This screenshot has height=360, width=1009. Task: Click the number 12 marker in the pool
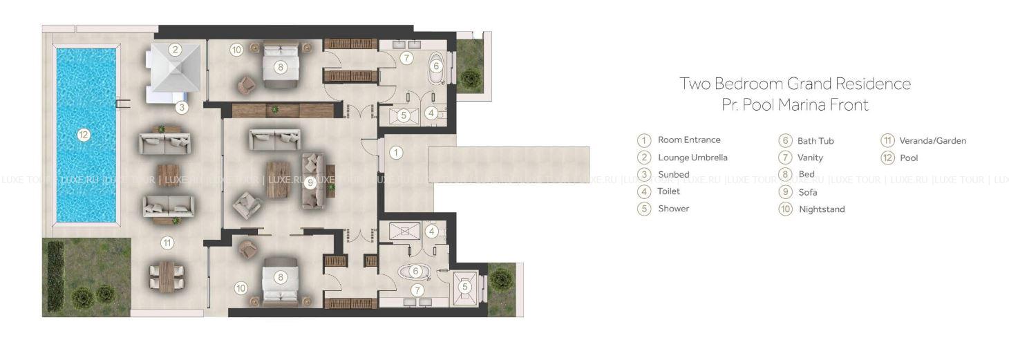[x=84, y=134]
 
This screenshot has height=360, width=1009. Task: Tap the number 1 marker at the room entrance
[x=396, y=153]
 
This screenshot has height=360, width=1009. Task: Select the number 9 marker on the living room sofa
[x=310, y=182]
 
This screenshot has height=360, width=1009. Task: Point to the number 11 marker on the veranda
[x=167, y=243]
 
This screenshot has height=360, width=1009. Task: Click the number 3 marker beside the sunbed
[x=182, y=107]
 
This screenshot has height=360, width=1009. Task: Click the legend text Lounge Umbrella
[x=692, y=158]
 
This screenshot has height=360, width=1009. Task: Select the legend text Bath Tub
[x=815, y=141]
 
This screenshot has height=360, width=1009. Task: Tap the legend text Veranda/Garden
[x=933, y=140]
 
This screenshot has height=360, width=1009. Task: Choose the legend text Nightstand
[x=822, y=209]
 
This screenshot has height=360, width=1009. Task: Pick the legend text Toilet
[x=668, y=191]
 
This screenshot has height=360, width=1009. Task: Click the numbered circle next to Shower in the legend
[x=644, y=209]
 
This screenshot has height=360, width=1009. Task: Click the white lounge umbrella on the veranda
[x=176, y=68]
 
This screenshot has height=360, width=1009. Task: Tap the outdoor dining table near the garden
[x=167, y=276]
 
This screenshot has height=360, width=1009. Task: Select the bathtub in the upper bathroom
[x=436, y=68]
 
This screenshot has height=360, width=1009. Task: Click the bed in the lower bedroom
[x=280, y=279]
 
